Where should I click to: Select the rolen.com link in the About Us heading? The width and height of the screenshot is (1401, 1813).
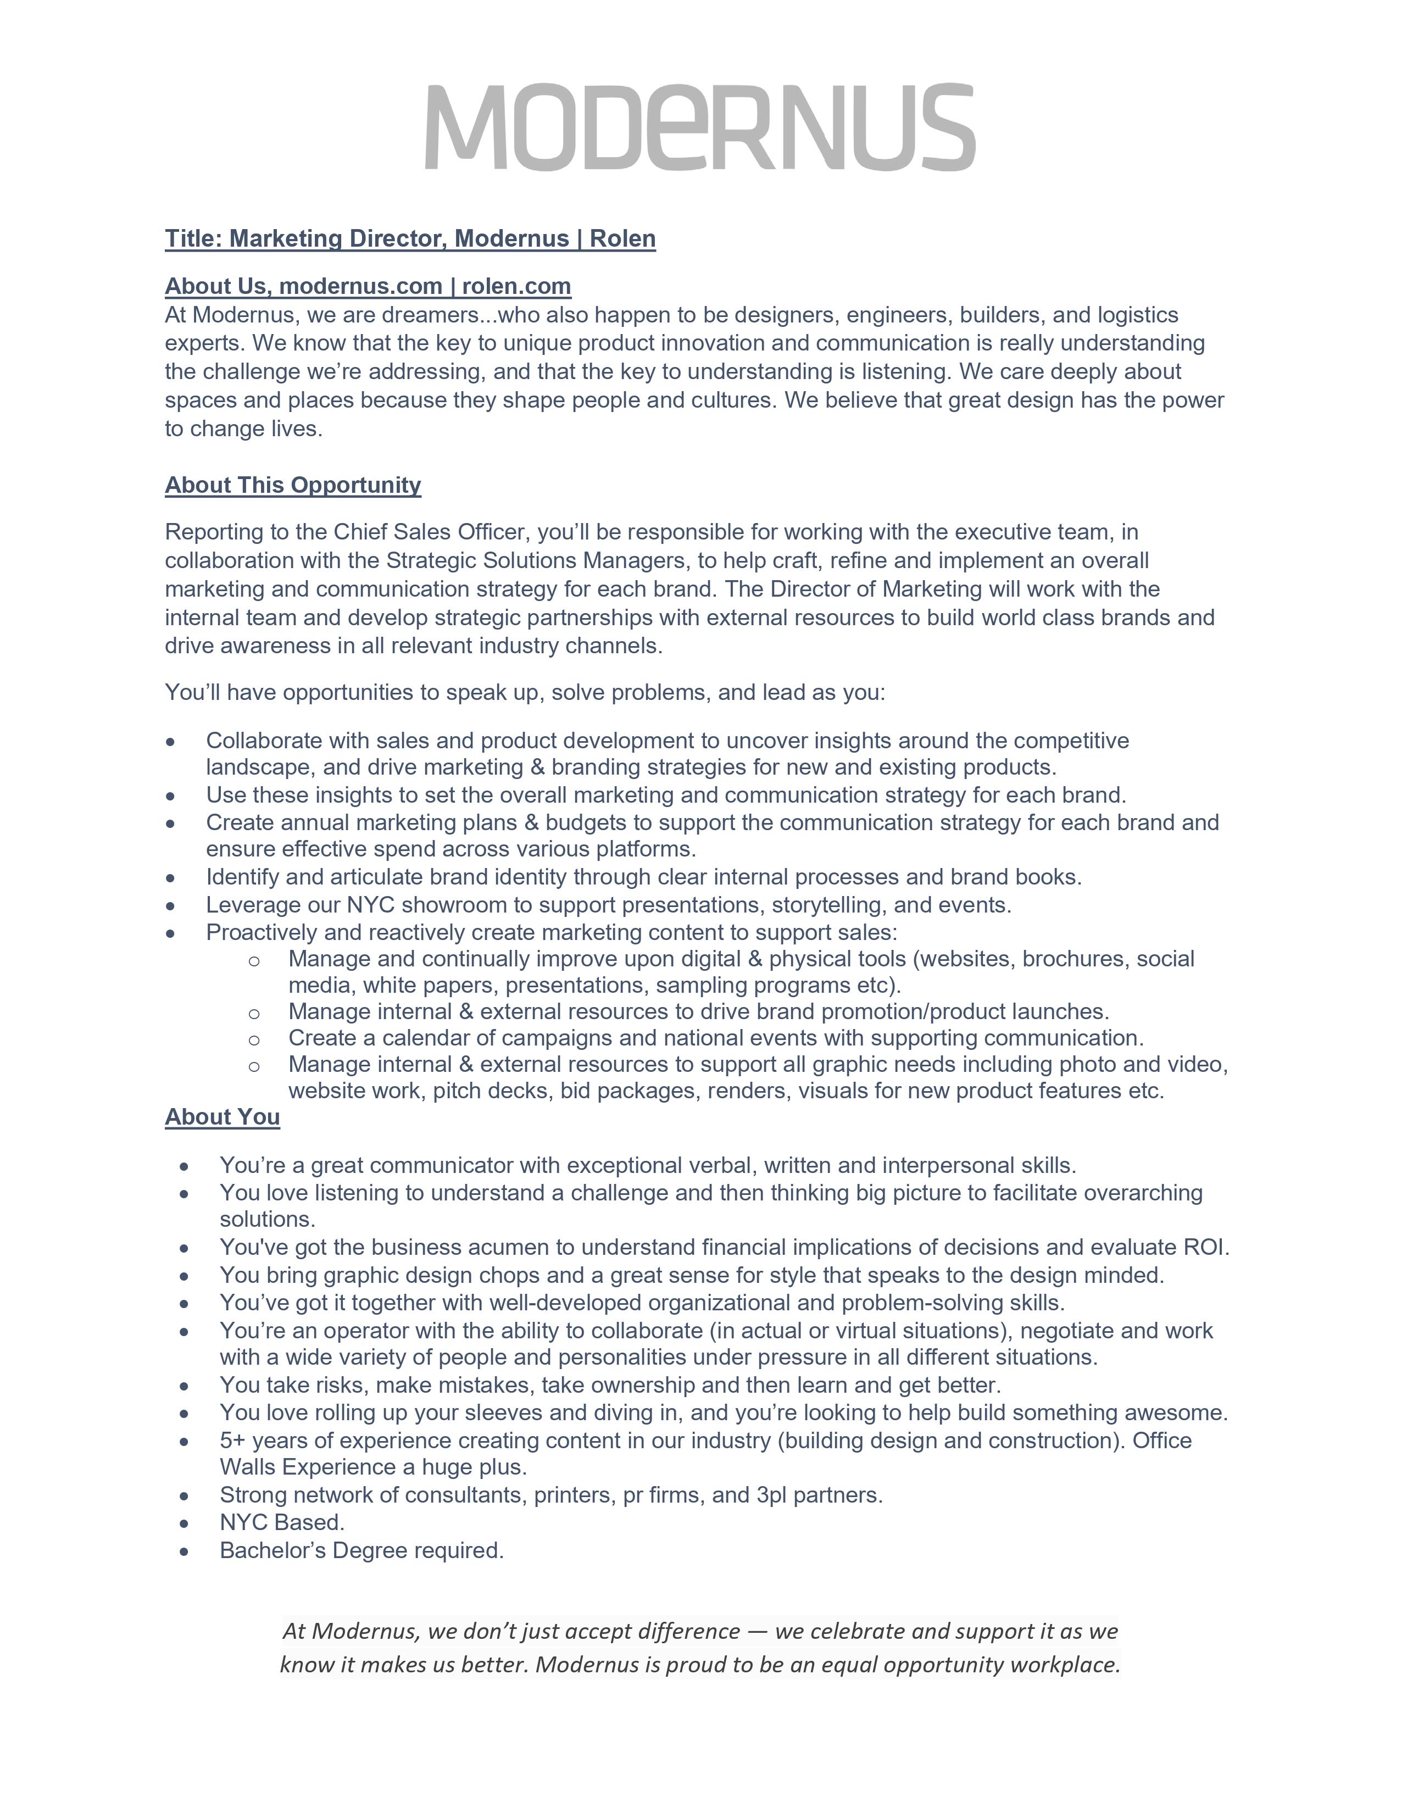pos(516,286)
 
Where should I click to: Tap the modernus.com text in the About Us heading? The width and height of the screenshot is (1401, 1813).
pos(360,286)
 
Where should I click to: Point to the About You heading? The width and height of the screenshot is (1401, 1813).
pos(223,1117)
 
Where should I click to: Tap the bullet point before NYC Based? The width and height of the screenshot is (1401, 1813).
pos(184,1524)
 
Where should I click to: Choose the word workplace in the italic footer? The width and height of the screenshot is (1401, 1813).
pos(1071,1665)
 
